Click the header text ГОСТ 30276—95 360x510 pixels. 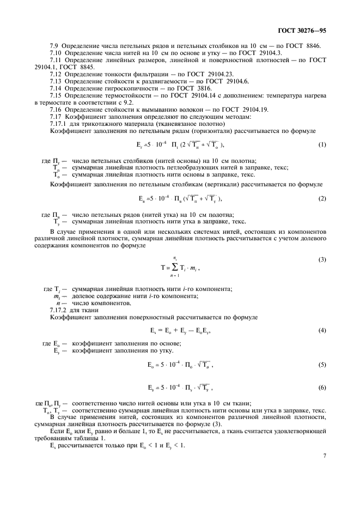[311, 32]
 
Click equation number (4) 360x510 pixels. [322, 330]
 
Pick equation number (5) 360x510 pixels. [322, 365]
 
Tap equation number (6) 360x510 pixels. [322, 387]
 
